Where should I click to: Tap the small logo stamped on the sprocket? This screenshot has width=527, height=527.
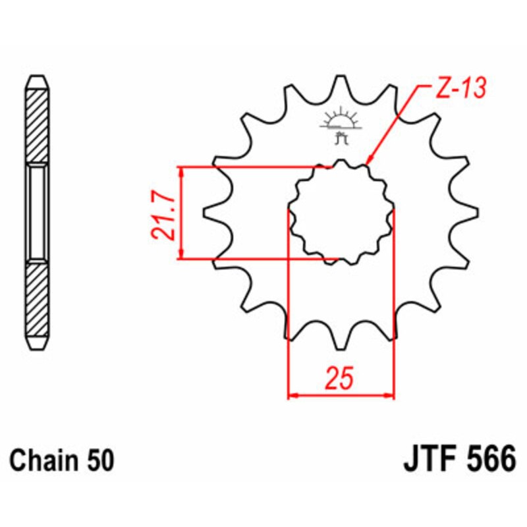(x=341, y=125)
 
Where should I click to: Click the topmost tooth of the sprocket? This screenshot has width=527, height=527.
(x=341, y=84)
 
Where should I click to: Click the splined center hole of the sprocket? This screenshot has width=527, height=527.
(x=341, y=211)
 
